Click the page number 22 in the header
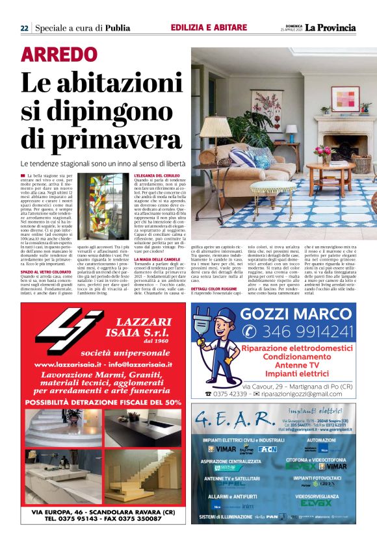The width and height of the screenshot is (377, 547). pos(23,28)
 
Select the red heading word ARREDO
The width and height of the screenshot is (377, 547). pos(58,55)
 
